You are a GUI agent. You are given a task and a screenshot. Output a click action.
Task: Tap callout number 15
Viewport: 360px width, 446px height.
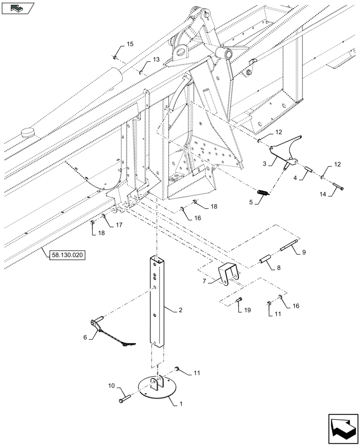130,44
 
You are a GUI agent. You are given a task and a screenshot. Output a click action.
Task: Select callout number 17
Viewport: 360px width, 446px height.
119,225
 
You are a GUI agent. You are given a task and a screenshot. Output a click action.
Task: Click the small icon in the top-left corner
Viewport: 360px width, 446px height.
18,8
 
